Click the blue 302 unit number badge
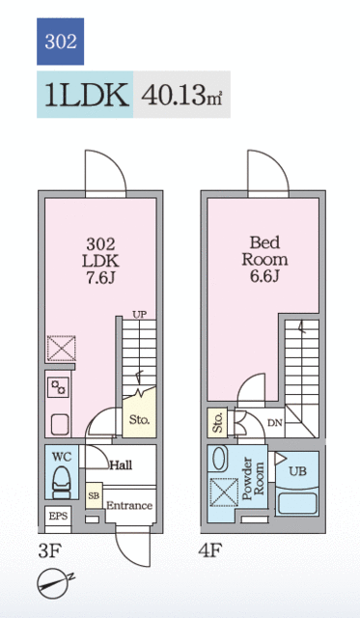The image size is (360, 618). (x=60, y=42)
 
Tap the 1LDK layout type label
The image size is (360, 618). (x=87, y=95)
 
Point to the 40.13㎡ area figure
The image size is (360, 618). (x=181, y=96)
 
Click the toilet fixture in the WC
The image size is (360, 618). (x=61, y=483)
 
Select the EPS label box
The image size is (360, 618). (x=58, y=516)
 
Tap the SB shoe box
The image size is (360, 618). (x=95, y=495)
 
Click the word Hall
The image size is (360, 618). (x=121, y=465)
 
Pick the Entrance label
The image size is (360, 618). (x=129, y=506)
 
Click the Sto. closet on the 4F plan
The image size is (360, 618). (x=217, y=423)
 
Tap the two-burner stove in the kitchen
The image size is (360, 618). (x=58, y=387)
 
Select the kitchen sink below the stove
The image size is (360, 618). (x=60, y=425)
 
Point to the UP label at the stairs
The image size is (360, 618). (x=139, y=315)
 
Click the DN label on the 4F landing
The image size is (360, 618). (x=275, y=423)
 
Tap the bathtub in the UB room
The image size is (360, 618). (x=297, y=502)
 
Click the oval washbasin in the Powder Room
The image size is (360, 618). (x=218, y=459)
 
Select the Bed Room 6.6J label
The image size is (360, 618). (x=264, y=260)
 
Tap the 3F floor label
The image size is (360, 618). (x=49, y=550)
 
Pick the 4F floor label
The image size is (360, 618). (x=210, y=550)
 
